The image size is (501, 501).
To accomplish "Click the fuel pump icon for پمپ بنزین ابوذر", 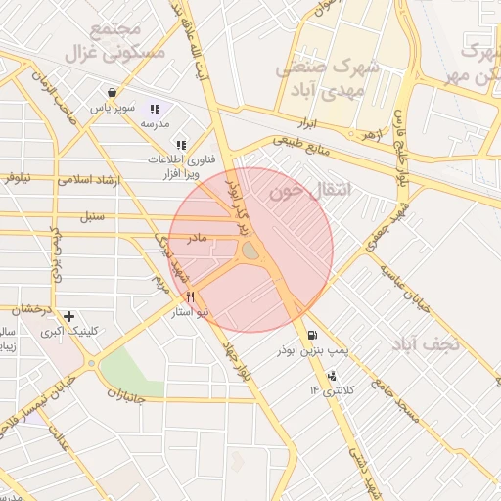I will click(x=311, y=333).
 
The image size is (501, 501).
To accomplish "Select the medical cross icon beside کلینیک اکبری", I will click(x=68, y=317).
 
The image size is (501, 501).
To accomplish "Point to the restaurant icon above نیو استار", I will click(x=190, y=296).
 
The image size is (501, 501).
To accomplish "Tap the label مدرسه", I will click(x=155, y=124).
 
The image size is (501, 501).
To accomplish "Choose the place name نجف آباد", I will click(x=419, y=343).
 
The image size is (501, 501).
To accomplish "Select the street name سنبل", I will click(x=106, y=215).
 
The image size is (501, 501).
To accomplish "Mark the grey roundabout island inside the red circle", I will click(x=250, y=251).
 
